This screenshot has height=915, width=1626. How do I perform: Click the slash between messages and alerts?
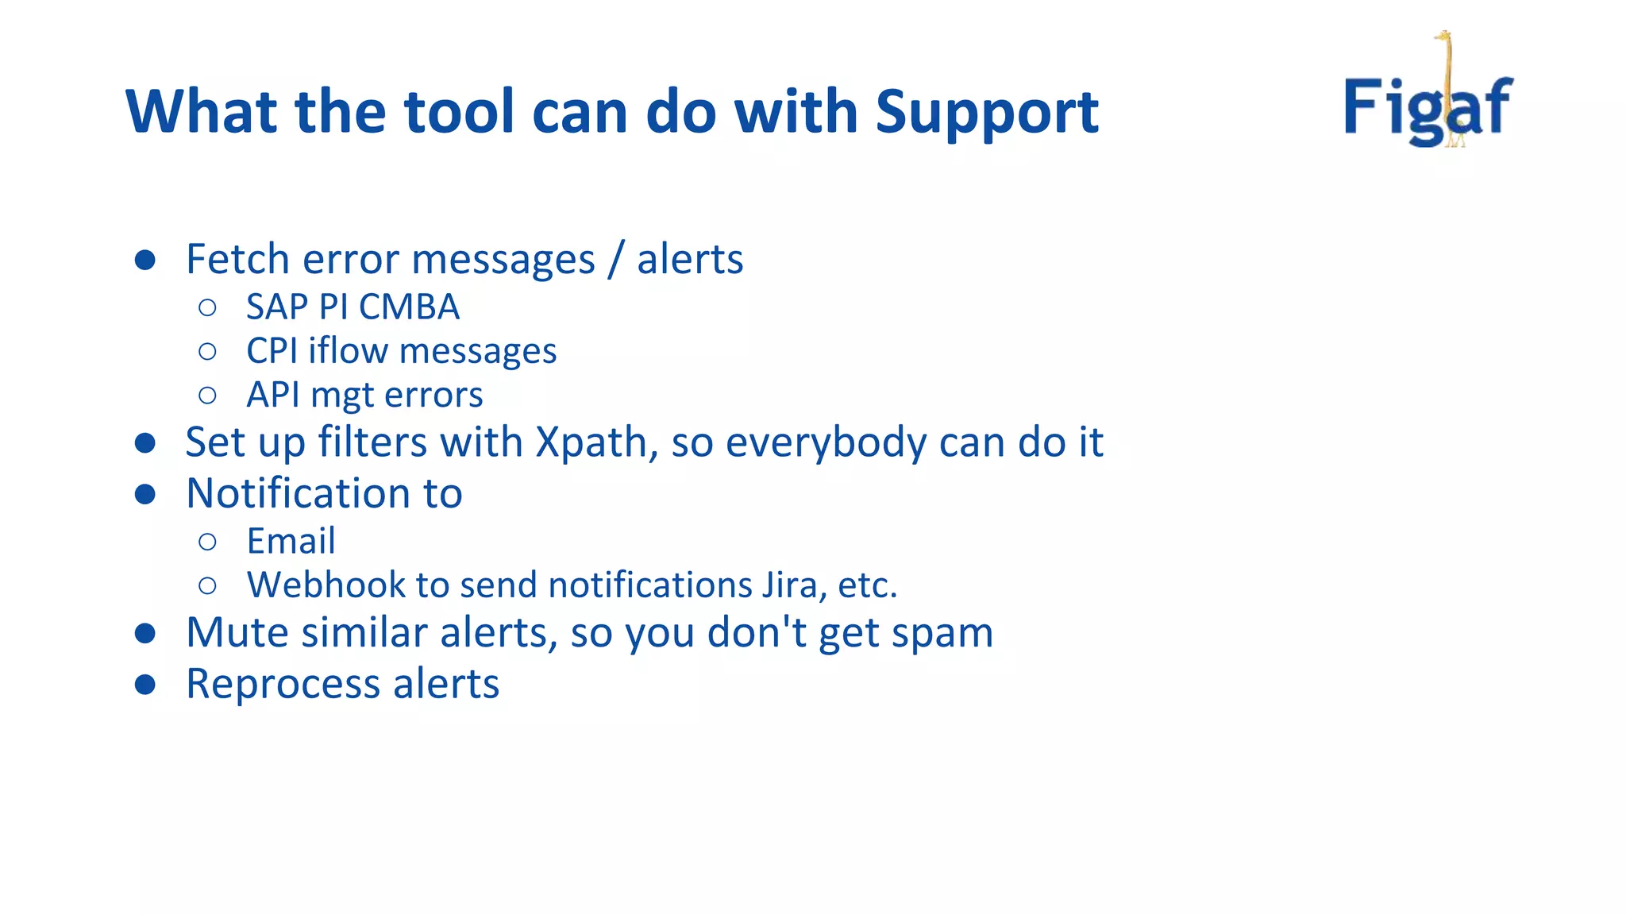[x=615, y=260]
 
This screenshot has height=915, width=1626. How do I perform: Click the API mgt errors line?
[x=364, y=396]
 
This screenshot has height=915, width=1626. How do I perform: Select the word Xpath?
[x=592, y=442]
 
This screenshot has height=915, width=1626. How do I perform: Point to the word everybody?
[x=826, y=442]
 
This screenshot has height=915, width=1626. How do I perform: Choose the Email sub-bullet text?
[x=291, y=542]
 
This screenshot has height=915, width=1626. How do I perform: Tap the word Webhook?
[x=326, y=585]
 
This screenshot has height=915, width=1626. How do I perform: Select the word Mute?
[x=237, y=633]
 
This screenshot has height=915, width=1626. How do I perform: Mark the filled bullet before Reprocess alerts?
[x=144, y=685]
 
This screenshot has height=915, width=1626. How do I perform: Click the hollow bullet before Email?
[x=207, y=542]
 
